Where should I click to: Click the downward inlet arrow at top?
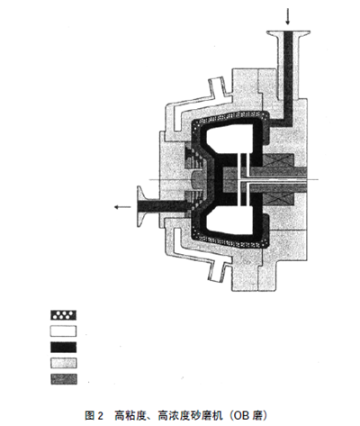pos(288,16)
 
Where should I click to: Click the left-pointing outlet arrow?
pos(122,207)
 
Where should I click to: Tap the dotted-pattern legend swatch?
pos(63,315)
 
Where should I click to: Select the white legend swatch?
pos(63,331)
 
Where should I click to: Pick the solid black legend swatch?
pos(63,347)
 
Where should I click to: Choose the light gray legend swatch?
pos(63,363)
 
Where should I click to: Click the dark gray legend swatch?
pos(63,379)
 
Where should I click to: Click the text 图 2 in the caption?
pos(94,415)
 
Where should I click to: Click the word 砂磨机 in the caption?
pos(206,415)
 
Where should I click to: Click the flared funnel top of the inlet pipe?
pos(288,34)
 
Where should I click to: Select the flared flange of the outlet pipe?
pos(141,206)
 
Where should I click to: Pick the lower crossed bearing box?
pos(278,199)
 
